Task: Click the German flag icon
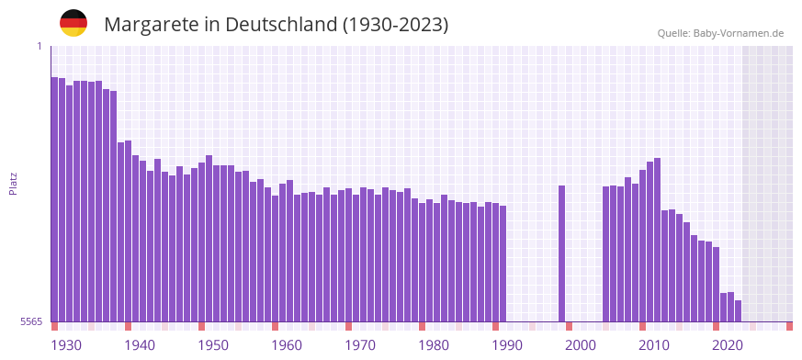[x=73, y=23]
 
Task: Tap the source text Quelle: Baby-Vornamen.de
[x=720, y=33]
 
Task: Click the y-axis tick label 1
[x=40, y=46]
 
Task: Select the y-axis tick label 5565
[x=30, y=321]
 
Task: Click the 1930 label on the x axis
[x=66, y=345]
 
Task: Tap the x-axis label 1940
[x=140, y=345]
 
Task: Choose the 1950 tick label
[x=213, y=345]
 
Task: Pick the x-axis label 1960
[x=287, y=345]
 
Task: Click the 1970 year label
[x=360, y=345]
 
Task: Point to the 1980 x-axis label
[x=434, y=345]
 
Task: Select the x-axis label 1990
[x=507, y=345]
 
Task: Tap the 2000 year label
[x=581, y=345]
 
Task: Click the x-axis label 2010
[x=654, y=345]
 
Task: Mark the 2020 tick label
[x=728, y=345]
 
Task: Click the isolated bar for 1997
[x=561, y=253]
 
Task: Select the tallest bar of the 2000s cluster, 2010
[x=657, y=240]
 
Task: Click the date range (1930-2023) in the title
[x=395, y=25]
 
